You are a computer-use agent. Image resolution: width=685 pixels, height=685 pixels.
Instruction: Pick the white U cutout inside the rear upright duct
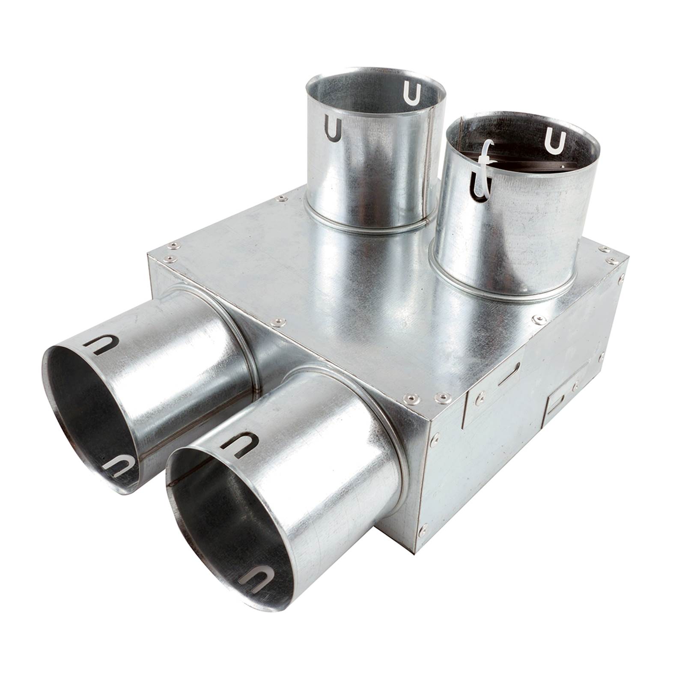coord(411,93)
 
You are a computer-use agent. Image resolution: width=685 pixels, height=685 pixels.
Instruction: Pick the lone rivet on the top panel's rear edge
coord(281,198)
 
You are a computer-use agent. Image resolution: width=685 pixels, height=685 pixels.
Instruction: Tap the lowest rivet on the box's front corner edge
coord(423,530)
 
